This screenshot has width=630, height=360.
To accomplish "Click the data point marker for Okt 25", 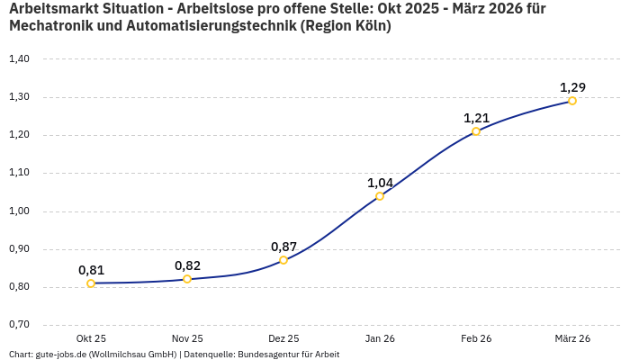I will tap(91, 283).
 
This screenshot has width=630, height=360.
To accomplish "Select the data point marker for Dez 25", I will tap(283, 260).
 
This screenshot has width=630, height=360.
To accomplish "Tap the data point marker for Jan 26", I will tap(380, 196).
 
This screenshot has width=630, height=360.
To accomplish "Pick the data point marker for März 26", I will tap(572, 101).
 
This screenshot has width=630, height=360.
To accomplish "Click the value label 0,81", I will tap(91, 270).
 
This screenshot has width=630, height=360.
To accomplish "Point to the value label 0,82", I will tap(187, 265).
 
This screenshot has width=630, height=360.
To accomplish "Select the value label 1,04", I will tap(380, 183).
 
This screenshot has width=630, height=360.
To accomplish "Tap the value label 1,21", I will tap(476, 118).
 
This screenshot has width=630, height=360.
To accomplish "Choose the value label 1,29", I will tap(572, 87).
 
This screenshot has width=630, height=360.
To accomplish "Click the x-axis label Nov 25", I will tap(187, 338).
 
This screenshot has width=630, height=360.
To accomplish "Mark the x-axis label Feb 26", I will tap(476, 338).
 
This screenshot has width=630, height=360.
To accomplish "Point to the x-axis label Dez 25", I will tap(283, 338).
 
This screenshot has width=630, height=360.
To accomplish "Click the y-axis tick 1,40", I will tap(19, 59).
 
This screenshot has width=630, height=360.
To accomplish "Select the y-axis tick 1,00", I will tap(19, 211).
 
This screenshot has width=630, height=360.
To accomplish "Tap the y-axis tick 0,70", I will tap(19, 325).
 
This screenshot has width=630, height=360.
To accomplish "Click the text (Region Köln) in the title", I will tap(346, 26).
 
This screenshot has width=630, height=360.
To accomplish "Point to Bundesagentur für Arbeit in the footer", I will tap(288, 355).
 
